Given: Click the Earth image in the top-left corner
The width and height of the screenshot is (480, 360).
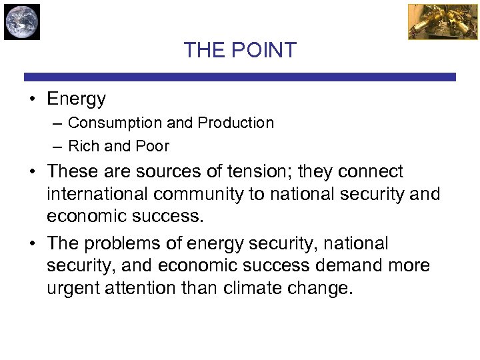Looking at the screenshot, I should coord(22,21).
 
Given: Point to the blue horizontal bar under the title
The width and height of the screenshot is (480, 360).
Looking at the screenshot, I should coord(240,77).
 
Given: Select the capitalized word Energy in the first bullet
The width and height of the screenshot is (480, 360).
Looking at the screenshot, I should coord(76,99).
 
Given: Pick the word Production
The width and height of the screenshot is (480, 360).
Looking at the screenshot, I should coord(239,123).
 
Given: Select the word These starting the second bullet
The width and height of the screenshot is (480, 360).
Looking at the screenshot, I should coord(72,171).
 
